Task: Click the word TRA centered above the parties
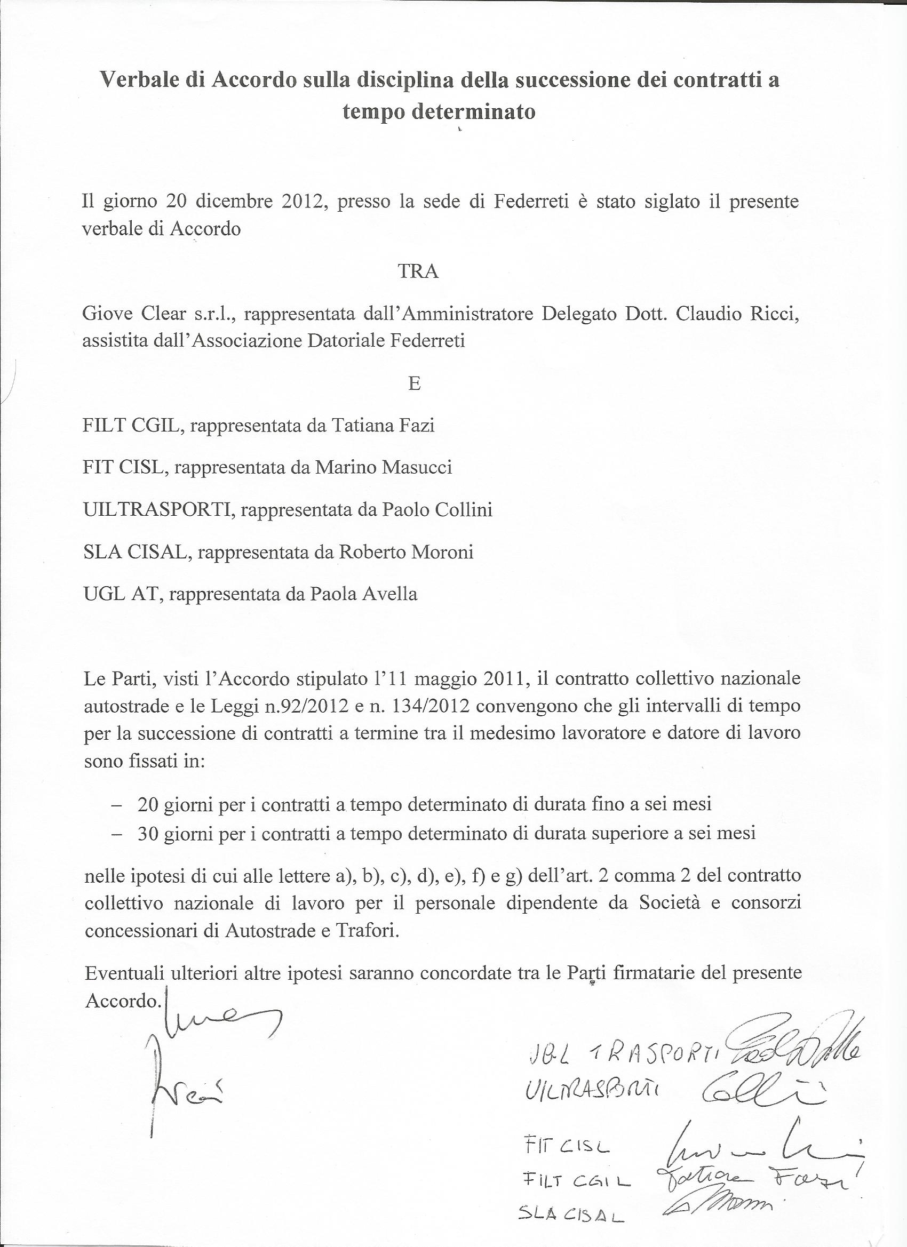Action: (x=417, y=271)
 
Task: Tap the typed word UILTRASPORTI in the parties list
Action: (x=160, y=510)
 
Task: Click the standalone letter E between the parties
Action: (x=415, y=383)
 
